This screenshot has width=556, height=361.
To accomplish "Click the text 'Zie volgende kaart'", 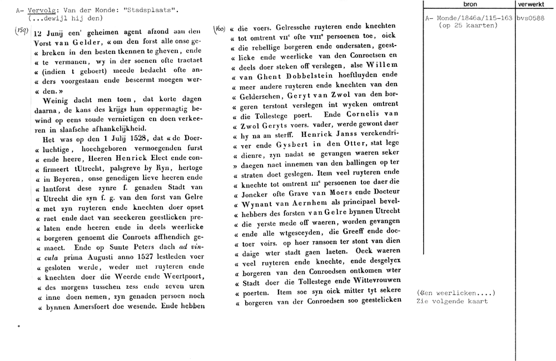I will click(451, 301).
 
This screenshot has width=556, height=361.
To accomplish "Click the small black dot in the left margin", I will click(18, 327).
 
